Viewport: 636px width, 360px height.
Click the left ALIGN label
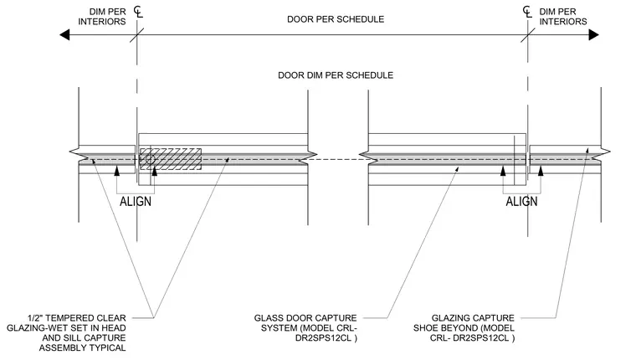[136, 201]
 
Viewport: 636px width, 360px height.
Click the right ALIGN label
[521, 201]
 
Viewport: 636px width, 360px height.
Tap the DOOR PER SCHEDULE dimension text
[336, 19]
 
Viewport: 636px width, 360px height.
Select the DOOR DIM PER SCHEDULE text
[336, 75]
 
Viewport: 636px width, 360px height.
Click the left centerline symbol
[138, 12]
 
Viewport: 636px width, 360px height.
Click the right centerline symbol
[527, 12]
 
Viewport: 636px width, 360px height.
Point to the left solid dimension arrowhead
[64, 35]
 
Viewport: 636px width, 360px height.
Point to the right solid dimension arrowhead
[594, 35]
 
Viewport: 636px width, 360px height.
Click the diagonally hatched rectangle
[171, 159]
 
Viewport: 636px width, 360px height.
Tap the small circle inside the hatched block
[150, 160]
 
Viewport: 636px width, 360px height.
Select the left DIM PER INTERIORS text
[102, 17]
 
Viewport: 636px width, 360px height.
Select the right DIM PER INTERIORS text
[563, 17]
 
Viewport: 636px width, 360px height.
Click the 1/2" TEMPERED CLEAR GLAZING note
[66, 333]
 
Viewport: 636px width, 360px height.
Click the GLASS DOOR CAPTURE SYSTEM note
[305, 328]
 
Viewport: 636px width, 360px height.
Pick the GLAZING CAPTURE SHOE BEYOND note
[464, 328]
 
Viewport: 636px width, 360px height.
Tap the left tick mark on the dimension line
[137, 35]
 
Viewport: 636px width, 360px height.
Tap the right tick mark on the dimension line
[528, 35]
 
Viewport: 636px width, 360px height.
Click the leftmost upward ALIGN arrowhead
[117, 171]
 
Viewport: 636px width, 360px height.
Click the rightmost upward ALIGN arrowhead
[541, 171]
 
